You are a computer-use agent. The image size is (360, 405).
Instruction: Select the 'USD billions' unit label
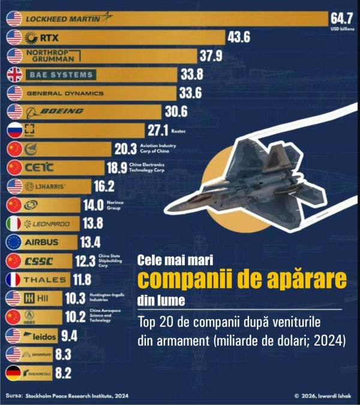click(342, 28)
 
